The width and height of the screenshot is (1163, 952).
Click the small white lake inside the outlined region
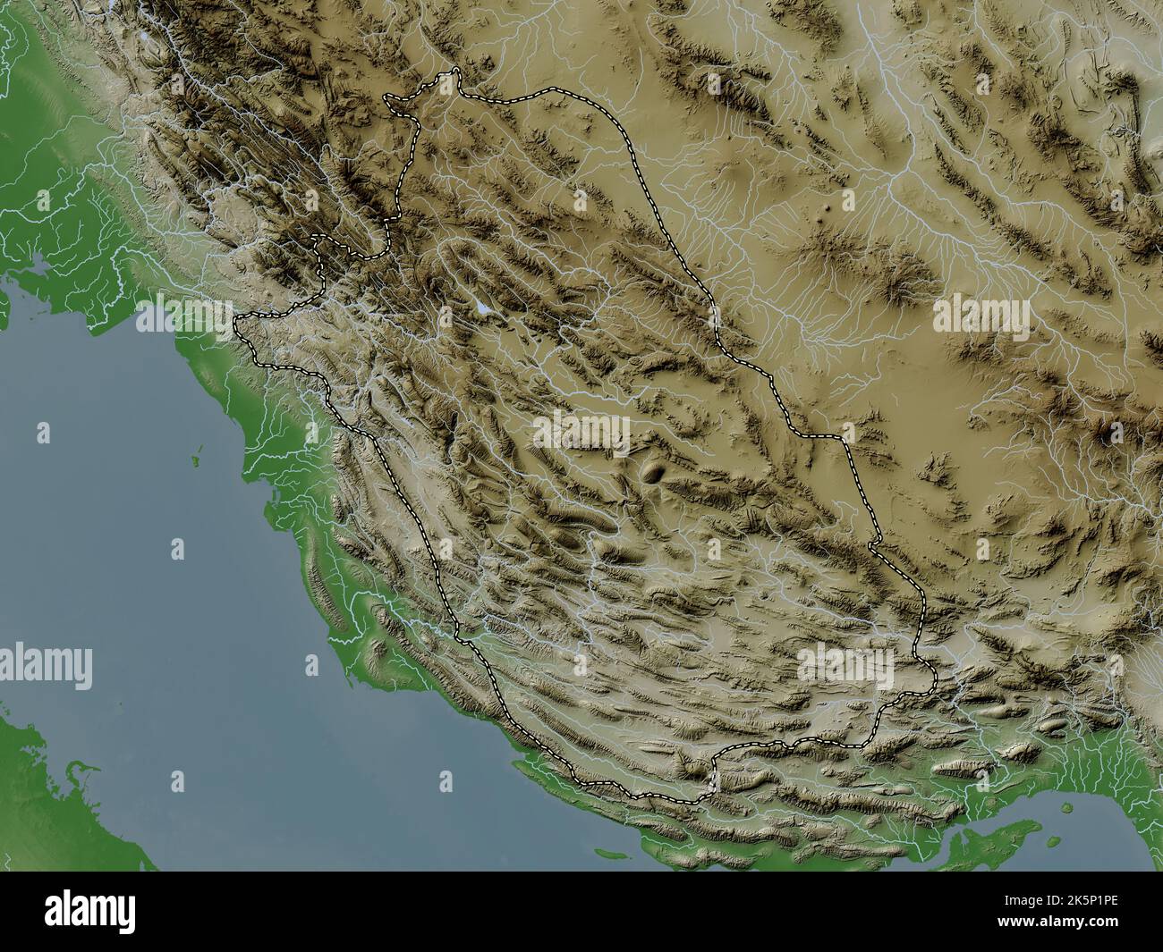click(x=482, y=308)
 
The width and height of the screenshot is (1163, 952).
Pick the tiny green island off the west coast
click(x=194, y=461)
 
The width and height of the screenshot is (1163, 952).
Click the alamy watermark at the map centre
click(x=581, y=430)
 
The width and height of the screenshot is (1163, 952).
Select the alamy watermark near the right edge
click(x=981, y=315)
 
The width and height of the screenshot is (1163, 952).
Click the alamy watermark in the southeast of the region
click(x=845, y=664)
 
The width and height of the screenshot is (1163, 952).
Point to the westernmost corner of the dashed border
click(x=234, y=320)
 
